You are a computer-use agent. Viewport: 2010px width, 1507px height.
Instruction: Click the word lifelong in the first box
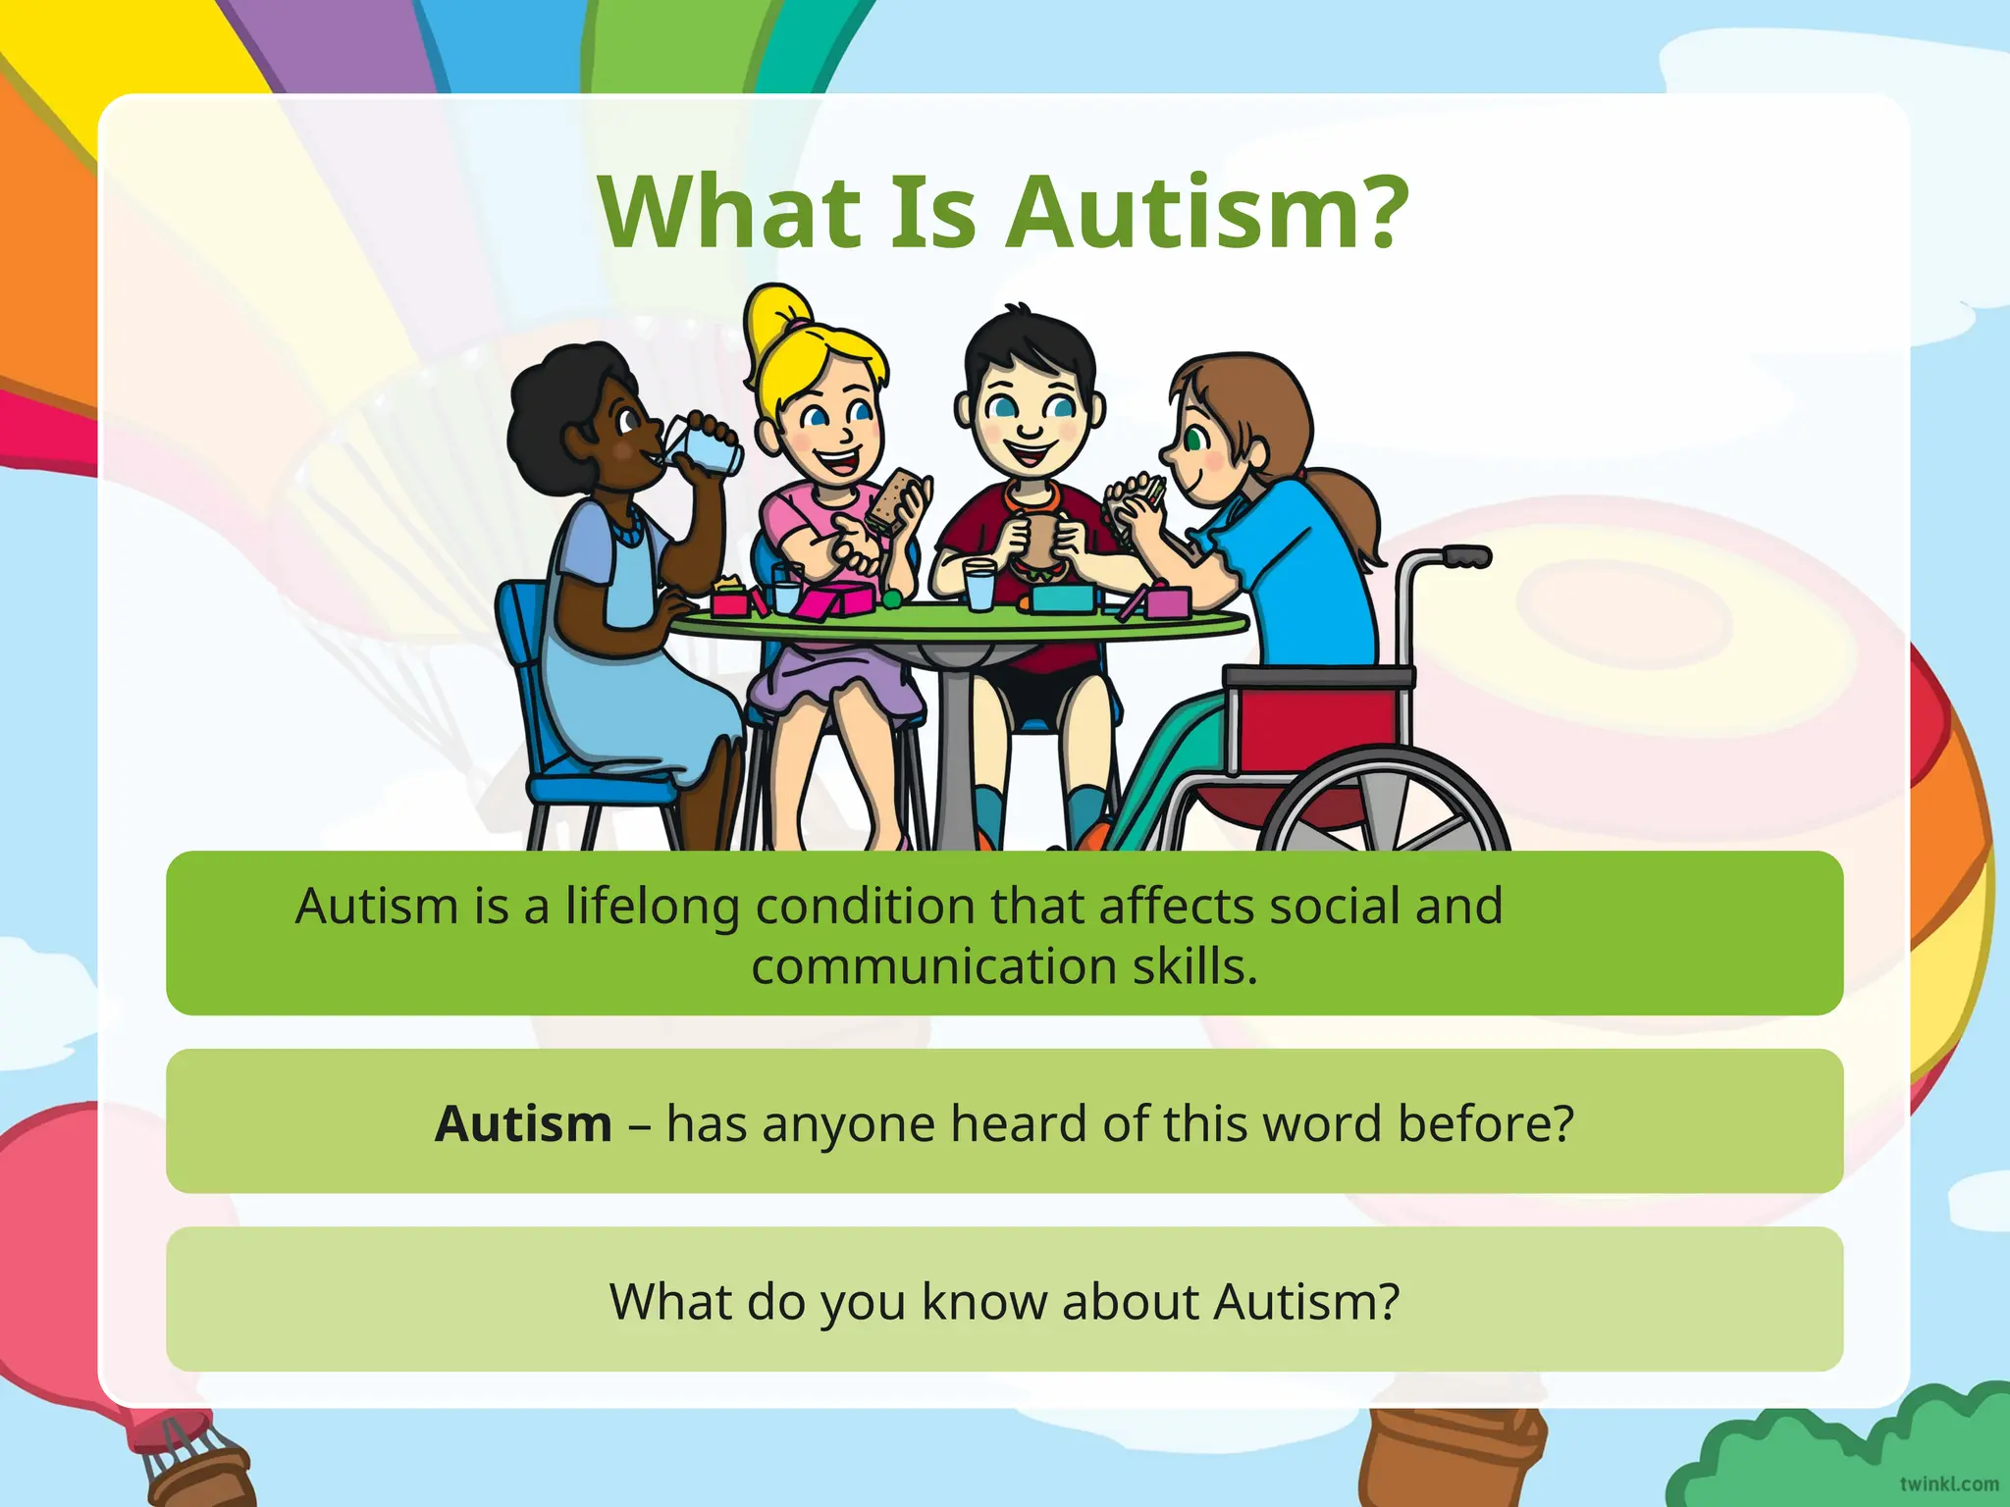click(x=652, y=906)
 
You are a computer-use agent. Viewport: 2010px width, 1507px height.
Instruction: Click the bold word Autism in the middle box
click(x=523, y=1123)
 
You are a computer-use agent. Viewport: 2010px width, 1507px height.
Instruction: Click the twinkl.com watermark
click(x=1948, y=1483)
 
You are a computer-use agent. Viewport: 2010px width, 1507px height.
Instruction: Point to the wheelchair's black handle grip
click(x=1466, y=557)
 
